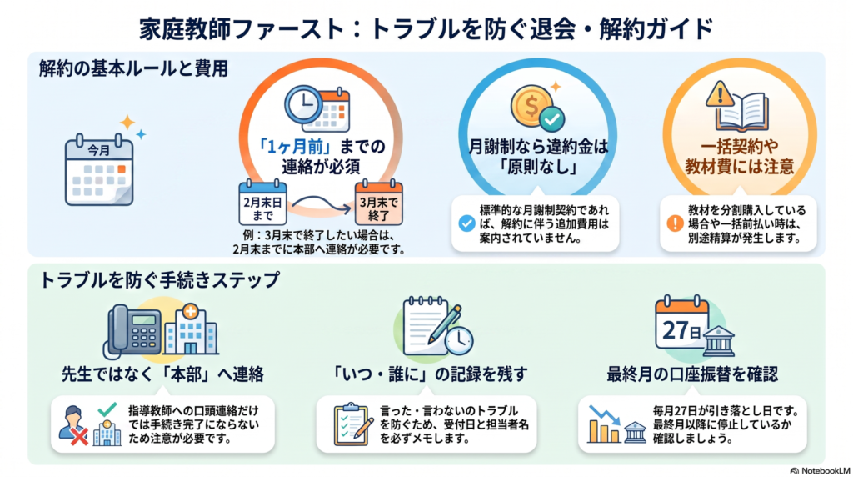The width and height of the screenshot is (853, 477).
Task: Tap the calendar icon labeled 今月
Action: (99, 170)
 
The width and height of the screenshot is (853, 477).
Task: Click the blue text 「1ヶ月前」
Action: (295, 147)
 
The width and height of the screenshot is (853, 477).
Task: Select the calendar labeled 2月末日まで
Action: (262, 203)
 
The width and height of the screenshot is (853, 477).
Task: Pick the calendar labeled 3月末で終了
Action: (379, 203)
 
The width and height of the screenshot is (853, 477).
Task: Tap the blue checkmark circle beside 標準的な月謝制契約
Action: (466, 223)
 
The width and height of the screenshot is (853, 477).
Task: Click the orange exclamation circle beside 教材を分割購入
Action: (675, 223)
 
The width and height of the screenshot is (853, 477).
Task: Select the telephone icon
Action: (132, 331)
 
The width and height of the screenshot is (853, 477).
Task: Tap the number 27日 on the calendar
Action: (681, 330)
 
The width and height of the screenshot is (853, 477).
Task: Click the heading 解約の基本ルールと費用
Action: (134, 69)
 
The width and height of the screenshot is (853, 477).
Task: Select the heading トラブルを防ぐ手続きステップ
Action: (160, 280)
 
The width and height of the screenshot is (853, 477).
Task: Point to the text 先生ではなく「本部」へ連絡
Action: (162, 374)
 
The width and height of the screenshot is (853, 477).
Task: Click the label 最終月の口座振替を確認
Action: (692, 374)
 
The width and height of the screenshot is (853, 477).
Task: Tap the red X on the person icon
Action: (79, 436)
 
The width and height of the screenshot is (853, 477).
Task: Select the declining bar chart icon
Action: (604, 424)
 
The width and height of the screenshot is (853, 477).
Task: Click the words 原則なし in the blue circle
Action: (539, 167)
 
